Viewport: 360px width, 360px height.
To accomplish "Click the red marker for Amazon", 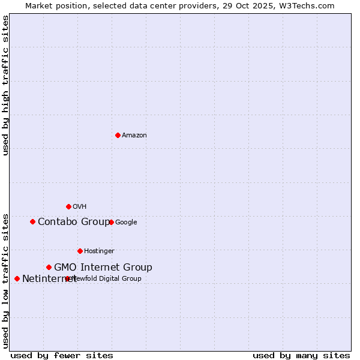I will (118, 135).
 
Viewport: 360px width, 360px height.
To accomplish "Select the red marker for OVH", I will (68, 206).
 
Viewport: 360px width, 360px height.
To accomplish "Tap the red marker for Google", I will (111, 222).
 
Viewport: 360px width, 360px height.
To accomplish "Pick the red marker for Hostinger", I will (80, 251).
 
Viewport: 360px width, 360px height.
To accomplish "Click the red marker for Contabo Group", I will (32, 221).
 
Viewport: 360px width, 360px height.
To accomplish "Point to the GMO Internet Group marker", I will (49, 267).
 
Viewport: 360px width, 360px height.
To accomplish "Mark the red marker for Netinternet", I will (17, 278).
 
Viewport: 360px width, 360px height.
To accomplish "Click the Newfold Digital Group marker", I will (67, 278).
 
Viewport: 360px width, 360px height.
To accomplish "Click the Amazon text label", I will (134, 136).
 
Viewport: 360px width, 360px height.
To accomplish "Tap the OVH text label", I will (80, 207).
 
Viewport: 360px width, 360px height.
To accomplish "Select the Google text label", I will (126, 223).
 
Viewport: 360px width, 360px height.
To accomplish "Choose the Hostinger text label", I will (99, 251).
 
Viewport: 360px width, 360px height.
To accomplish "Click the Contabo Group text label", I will (73, 222).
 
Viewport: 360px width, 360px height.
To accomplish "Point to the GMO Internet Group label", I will (103, 268).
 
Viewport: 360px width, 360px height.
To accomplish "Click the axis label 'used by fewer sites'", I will (62, 355).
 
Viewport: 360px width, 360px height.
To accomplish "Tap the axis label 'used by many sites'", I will (301, 355).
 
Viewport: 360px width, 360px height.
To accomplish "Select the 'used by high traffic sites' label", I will (5, 85).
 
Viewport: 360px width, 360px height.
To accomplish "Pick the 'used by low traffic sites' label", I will (5, 281).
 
